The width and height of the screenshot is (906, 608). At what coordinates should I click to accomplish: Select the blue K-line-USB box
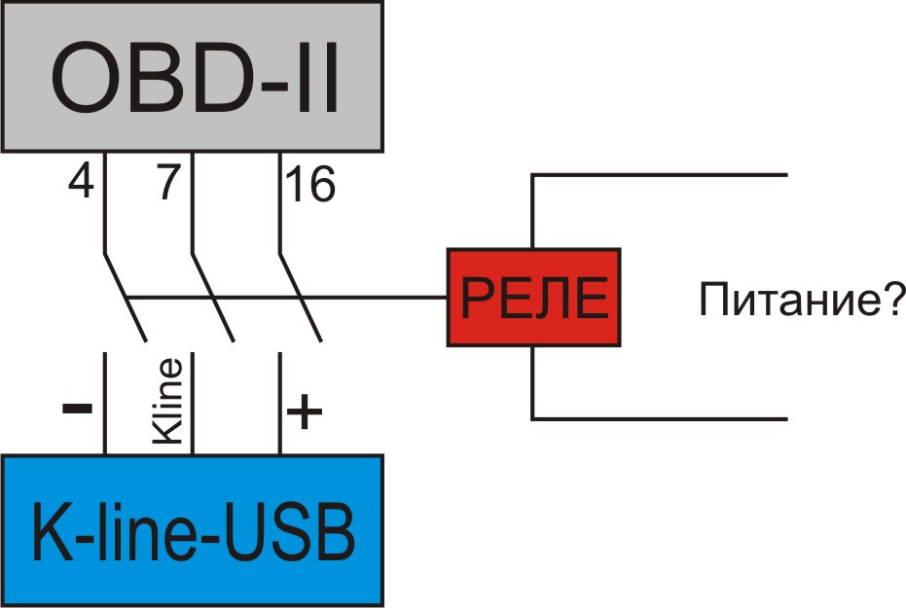[194, 530]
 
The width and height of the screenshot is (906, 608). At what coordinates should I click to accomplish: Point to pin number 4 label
[81, 184]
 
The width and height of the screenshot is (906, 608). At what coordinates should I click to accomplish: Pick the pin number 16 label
[308, 184]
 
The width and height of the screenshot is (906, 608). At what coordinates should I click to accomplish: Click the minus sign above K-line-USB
[77, 408]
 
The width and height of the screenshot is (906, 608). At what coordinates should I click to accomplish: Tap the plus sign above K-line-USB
[305, 414]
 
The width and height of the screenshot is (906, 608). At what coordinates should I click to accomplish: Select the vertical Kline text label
[168, 402]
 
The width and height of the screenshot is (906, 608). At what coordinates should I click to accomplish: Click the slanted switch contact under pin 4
[125, 298]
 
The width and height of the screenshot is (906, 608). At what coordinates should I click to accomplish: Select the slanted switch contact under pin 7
[213, 298]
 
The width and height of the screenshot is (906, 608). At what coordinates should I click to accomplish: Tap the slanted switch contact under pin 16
[301, 298]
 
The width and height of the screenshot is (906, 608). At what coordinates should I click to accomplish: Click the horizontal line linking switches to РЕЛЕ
[370, 296]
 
